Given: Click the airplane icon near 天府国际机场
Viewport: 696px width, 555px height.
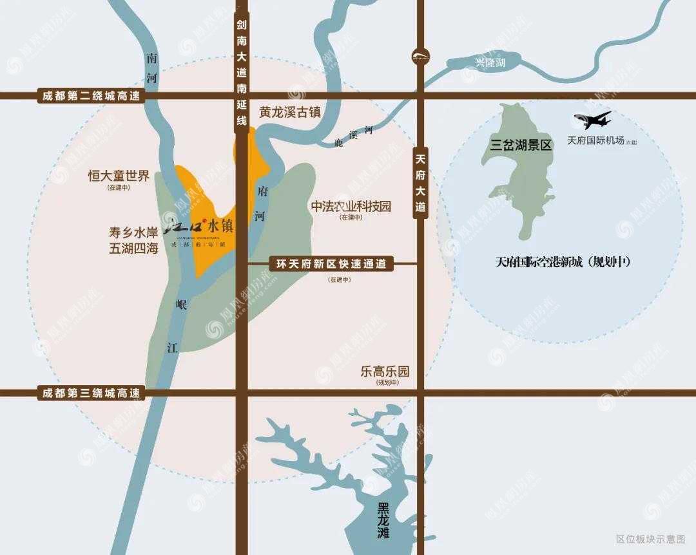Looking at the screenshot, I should [x=592, y=120].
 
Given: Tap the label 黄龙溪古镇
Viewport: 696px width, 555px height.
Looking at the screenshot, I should [x=290, y=112].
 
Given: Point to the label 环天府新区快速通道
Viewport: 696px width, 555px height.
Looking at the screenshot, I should [x=331, y=263].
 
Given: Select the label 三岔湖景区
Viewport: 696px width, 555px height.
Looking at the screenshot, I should [x=521, y=145].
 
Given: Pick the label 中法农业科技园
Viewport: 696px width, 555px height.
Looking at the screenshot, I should [x=351, y=207].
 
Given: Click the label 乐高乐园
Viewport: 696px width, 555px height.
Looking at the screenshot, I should [x=385, y=372].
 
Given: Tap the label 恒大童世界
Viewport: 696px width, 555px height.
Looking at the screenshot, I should [x=119, y=175].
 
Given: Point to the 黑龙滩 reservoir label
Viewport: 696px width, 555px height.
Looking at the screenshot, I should [x=384, y=520].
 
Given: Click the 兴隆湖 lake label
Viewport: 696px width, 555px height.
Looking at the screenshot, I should [x=490, y=62].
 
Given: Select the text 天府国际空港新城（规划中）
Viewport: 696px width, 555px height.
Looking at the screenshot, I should [x=562, y=262].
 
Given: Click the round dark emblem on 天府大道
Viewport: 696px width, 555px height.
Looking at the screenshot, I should [x=421, y=56].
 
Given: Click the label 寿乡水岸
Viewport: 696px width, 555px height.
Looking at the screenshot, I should [x=133, y=230].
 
